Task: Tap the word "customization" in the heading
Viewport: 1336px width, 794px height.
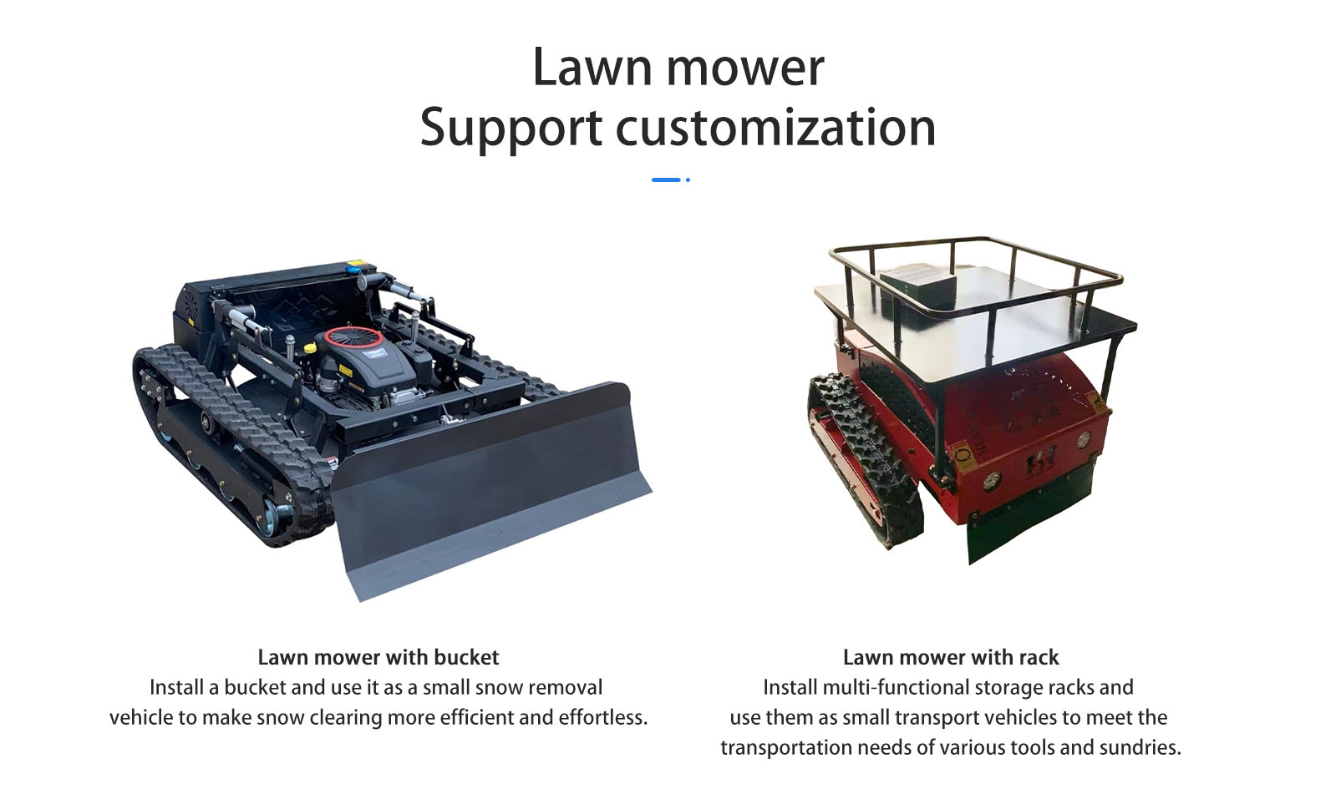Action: [775, 128]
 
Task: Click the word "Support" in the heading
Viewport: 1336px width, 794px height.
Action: [511, 129]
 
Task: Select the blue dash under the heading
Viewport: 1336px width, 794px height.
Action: [665, 180]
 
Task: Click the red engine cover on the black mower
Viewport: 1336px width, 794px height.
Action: [354, 337]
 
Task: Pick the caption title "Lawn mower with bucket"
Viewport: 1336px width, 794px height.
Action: [378, 657]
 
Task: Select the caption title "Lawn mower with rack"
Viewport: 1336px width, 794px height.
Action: [950, 657]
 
